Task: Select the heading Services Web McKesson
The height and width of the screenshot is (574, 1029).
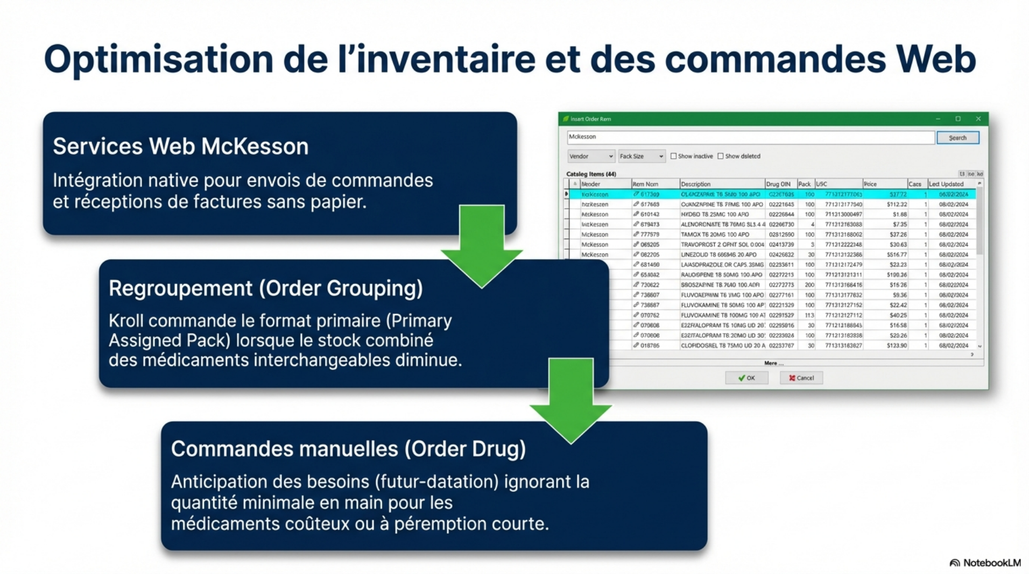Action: click(180, 146)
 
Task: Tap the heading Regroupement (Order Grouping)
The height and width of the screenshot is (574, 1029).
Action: click(265, 288)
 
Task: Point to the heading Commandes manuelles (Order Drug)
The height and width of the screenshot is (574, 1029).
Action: click(348, 449)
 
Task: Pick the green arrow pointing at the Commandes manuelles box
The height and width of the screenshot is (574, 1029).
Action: click(570, 401)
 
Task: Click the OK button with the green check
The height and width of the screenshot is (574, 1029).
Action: click(746, 378)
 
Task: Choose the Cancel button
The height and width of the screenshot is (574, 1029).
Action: click(801, 378)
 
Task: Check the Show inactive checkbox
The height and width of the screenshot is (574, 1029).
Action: click(673, 156)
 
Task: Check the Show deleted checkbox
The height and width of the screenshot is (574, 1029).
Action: click(721, 156)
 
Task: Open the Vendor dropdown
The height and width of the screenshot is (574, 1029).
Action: click(591, 156)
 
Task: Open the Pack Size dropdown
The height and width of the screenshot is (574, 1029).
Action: click(642, 156)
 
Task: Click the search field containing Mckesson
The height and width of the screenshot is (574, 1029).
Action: click(750, 137)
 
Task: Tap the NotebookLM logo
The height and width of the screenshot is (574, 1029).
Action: click(985, 563)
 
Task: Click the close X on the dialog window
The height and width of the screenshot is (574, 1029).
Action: click(978, 119)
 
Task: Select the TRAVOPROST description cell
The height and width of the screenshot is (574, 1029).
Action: click(722, 244)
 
